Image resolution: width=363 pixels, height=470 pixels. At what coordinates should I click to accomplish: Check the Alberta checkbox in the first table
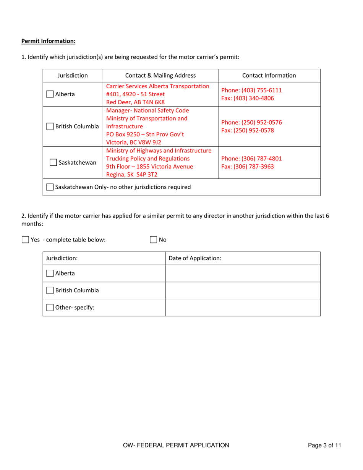tap(50, 94)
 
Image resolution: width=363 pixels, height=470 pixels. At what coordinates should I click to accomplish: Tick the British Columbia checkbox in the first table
tap(50, 126)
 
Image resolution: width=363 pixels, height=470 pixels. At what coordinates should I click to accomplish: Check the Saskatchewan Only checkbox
tap(50, 187)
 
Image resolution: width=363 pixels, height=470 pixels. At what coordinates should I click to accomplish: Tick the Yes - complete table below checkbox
tap(25, 240)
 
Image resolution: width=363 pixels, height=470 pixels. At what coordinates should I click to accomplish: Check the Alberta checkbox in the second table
tap(50, 273)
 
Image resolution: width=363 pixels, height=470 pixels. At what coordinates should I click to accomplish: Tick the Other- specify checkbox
tap(50, 308)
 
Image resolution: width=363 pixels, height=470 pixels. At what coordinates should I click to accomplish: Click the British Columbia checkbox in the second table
tap(50, 290)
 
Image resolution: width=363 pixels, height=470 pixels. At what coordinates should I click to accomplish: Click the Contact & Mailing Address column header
tap(160, 76)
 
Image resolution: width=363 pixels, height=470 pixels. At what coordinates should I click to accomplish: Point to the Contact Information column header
tap(269, 76)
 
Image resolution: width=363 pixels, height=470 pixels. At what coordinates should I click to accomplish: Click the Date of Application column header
tap(195, 258)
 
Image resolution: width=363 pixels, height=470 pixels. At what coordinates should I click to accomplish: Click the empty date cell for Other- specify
tap(243, 308)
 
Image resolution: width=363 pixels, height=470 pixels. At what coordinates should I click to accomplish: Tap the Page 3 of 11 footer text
tap(324, 445)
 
